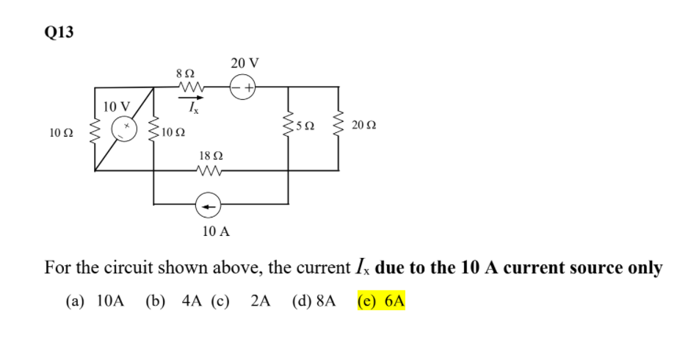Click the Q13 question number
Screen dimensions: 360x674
click(x=59, y=33)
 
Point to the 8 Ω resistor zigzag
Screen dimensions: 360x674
click(x=190, y=88)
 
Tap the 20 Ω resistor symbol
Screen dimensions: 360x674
click(x=338, y=129)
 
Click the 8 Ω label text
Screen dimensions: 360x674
click(x=185, y=73)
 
